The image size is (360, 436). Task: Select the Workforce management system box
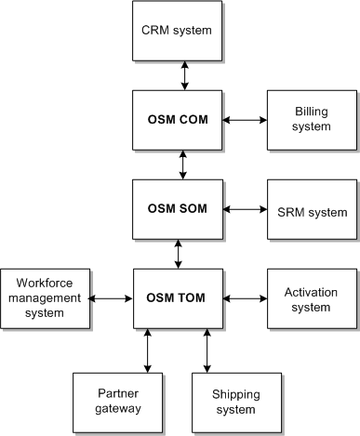pos(46,298)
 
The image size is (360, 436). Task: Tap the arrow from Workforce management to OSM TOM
pos(113,298)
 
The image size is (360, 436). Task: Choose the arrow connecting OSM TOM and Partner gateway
pos(147,350)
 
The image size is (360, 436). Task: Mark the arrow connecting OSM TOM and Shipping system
pos(207,350)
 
